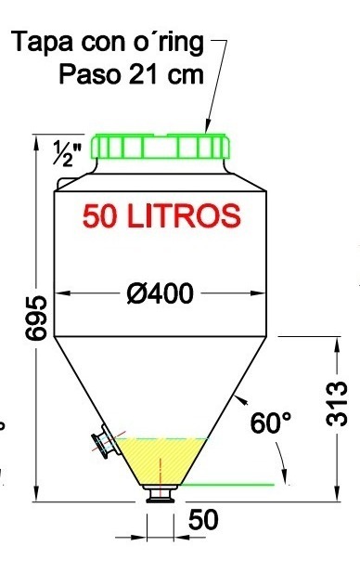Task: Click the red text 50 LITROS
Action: coord(161,215)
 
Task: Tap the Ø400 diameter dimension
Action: coord(160,294)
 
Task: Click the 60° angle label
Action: coord(271,423)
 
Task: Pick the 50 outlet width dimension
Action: coord(203,521)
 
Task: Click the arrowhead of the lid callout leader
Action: coord(207,127)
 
